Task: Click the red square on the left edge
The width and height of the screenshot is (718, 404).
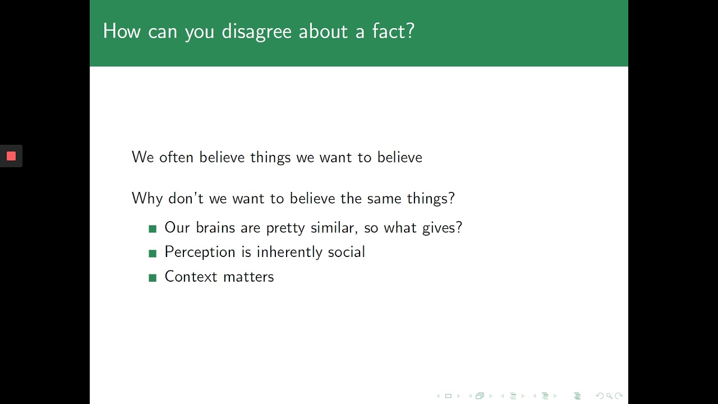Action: point(11,156)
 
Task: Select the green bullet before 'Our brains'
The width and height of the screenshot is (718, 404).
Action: point(153,229)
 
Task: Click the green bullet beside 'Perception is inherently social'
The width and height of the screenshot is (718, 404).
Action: point(153,254)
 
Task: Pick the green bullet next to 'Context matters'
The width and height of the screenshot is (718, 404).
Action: point(153,278)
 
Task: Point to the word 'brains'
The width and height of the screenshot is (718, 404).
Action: point(216,228)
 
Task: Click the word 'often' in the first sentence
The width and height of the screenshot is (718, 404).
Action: point(176,157)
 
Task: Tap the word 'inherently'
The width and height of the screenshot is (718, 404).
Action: point(289,252)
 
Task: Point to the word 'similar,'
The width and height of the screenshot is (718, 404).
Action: point(334,228)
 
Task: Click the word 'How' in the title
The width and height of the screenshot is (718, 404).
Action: point(122,31)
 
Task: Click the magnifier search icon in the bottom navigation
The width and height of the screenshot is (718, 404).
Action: point(609,396)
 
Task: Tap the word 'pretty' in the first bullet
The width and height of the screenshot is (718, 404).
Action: point(284,228)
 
